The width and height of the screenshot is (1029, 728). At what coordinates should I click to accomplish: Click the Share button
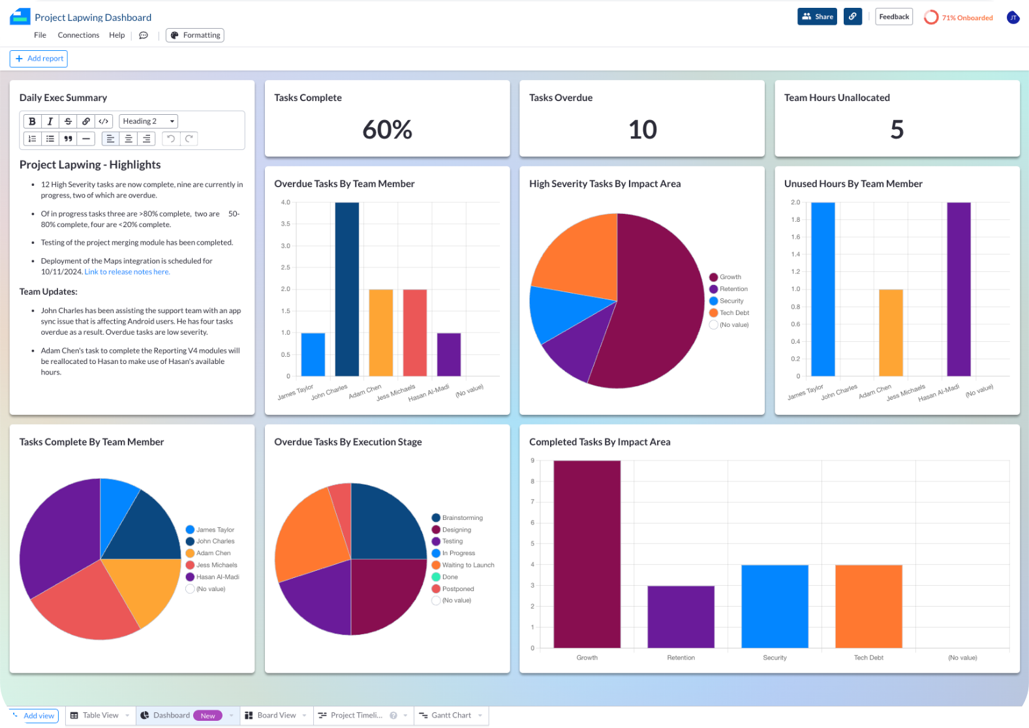pyautogui.click(x=817, y=17)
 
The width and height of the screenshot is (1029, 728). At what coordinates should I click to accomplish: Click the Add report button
pyautogui.click(x=38, y=59)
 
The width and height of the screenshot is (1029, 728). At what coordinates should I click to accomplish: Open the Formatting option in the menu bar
pyautogui.click(x=195, y=35)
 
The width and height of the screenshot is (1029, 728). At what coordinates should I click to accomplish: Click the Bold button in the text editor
pyautogui.click(x=32, y=121)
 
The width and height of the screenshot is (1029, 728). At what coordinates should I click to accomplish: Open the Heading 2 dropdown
pyautogui.click(x=148, y=121)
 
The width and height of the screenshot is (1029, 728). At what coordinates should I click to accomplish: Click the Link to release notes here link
pyautogui.click(x=127, y=272)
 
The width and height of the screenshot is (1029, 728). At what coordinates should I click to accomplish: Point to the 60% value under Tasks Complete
pyautogui.click(x=387, y=130)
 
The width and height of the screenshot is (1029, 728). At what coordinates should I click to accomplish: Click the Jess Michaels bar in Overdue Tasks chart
pyautogui.click(x=414, y=333)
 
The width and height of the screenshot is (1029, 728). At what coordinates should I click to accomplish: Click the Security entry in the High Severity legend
pyautogui.click(x=731, y=301)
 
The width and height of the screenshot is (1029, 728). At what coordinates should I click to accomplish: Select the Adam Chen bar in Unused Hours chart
pyautogui.click(x=891, y=333)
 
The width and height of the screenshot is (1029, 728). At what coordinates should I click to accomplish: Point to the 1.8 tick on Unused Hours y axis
pyautogui.click(x=795, y=220)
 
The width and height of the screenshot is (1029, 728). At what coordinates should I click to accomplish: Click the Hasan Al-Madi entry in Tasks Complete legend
pyautogui.click(x=217, y=577)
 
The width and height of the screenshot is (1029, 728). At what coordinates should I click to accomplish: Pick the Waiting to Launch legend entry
pyautogui.click(x=468, y=566)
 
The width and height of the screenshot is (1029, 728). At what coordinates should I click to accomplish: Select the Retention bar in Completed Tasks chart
pyautogui.click(x=681, y=616)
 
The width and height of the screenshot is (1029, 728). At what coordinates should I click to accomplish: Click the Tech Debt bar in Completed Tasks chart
pyautogui.click(x=868, y=606)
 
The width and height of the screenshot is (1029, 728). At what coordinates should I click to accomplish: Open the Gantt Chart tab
pyautogui.click(x=450, y=716)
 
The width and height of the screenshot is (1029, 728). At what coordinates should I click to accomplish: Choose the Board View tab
pyautogui.click(x=276, y=716)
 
